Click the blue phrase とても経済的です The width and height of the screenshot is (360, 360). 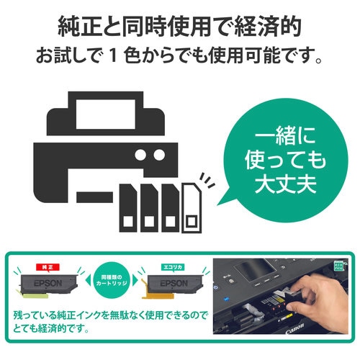tap(58, 331)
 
